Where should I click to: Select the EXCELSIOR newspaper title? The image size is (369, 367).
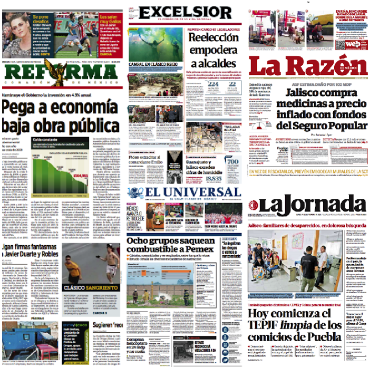[186, 12]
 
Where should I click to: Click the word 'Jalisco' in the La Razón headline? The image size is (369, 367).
[303, 93]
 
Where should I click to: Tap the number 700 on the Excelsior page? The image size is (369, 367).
[233, 161]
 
